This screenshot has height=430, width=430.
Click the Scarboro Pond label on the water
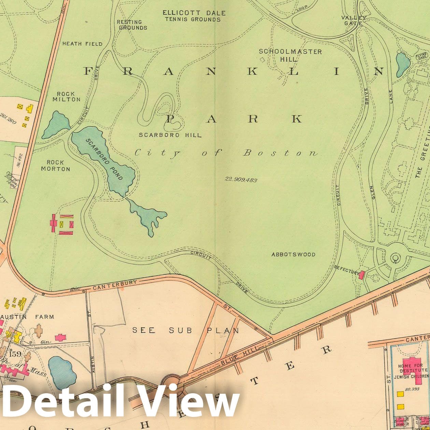[104, 159]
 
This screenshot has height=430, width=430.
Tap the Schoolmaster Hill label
[290, 55]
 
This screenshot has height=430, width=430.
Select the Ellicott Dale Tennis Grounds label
[194, 16]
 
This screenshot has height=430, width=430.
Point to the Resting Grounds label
[132, 25]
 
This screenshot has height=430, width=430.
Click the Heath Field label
[82, 44]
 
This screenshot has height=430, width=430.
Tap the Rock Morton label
[55, 166]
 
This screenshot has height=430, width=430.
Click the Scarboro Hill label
[170, 135]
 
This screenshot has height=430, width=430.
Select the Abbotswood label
[293, 254]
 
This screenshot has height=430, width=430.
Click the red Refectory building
[362, 274]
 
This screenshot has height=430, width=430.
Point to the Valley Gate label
[354, 20]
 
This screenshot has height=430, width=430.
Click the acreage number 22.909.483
[241, 180]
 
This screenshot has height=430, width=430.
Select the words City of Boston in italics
[226, 153]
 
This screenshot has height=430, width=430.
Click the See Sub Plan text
[186, 330]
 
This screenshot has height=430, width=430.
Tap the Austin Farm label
[28, 317]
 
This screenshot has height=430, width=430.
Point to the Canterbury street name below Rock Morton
[115, 285]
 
